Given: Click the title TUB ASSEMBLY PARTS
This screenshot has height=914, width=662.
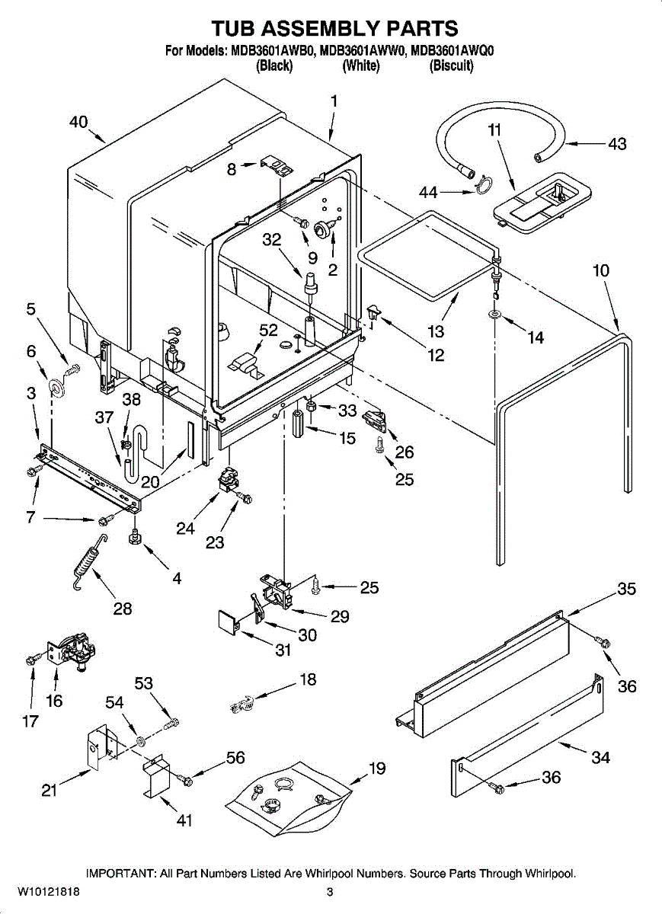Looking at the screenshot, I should (x=334, y=28).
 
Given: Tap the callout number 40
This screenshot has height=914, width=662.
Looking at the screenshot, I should (x=78, y=122).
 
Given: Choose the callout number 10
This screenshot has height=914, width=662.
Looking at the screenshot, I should (x=600, y=270).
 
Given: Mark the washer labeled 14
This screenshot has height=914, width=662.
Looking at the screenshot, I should (x=495, y=314).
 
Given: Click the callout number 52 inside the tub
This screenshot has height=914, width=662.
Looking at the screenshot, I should (x=268, y=330).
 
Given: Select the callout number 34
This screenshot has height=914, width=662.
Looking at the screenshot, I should (x=600, y=757).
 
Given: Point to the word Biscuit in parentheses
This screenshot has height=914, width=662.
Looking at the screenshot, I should (x=452, y=66).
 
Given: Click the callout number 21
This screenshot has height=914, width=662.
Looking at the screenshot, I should (x=50, y=790).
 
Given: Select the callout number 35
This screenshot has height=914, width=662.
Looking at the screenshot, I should (x=626, y=589).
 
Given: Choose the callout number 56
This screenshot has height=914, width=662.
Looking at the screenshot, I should (x=235, y=757).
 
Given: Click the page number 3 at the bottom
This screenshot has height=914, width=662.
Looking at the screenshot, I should (x=330, y=892).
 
